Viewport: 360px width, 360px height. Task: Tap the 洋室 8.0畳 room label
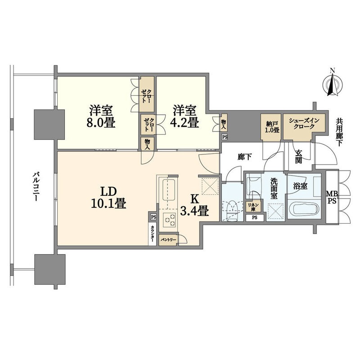(x=101, y=117)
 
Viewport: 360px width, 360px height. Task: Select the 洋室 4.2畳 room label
(x=184, y=117)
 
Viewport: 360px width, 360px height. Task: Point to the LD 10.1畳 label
(x=108, y=197)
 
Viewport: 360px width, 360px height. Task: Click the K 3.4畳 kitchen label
(x=194, y=205)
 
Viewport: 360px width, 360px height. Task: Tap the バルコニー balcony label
(x=36, y=186)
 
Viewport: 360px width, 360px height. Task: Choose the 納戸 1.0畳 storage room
(x=271, y=126)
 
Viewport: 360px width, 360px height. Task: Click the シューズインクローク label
(x=304, y=123)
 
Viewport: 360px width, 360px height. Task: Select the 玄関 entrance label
(x=298, y=157)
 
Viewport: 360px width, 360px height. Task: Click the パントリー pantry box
(x=168, y=240)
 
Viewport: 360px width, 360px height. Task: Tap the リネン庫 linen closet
(x=253, y=207)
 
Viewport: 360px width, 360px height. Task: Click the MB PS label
(x=332, y=197)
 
